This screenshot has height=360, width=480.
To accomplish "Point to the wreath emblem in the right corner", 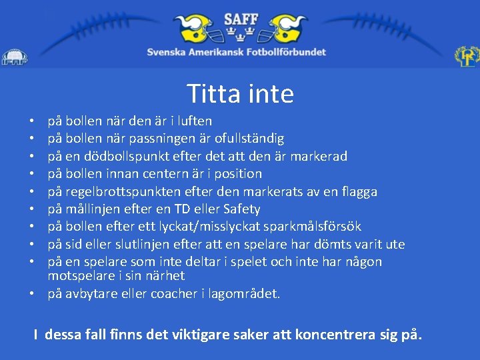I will pyautogui.click(x=467, y=57).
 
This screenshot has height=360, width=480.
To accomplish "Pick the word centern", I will pyautogui.click(x=174, y=173).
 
